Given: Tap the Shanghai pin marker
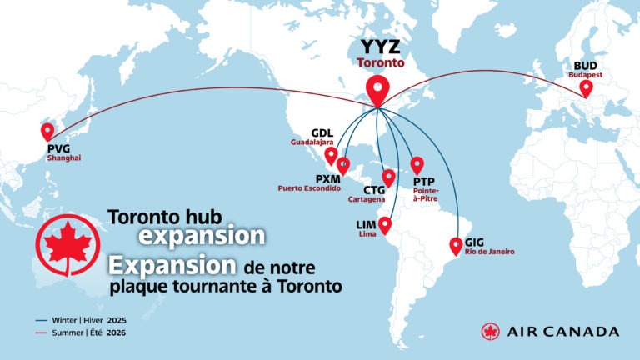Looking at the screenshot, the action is tap(47, 132).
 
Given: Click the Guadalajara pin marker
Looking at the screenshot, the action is tap(331, 155).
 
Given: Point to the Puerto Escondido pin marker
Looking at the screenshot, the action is tap(342, 165).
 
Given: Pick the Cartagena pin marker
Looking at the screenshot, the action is tap(387, 177).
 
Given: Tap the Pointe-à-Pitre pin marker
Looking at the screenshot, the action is tap(417, 163).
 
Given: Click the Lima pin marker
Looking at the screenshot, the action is tap(385, 224).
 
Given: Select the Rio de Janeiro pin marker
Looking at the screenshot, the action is tap(456, 245).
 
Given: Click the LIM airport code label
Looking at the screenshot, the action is tap(367, 225).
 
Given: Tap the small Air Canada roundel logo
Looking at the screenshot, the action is tap(491, 331).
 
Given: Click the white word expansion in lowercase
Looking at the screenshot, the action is tap(202, 235).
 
